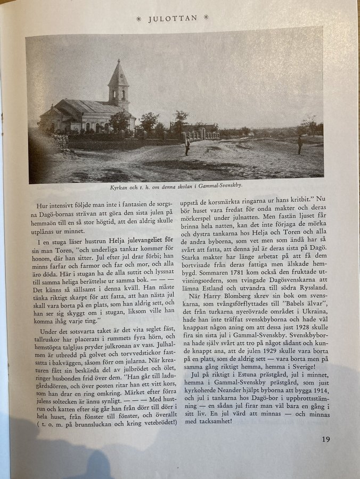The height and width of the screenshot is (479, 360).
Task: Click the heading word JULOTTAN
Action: (173, 18)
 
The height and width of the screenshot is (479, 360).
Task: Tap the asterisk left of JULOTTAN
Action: (139, 18)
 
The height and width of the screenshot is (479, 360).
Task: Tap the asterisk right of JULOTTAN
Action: (206, 18)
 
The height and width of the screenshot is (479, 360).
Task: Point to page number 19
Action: (326, 439)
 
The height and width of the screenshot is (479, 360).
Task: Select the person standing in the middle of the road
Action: (187, 146)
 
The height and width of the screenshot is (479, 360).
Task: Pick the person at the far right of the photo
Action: (300, 144)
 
